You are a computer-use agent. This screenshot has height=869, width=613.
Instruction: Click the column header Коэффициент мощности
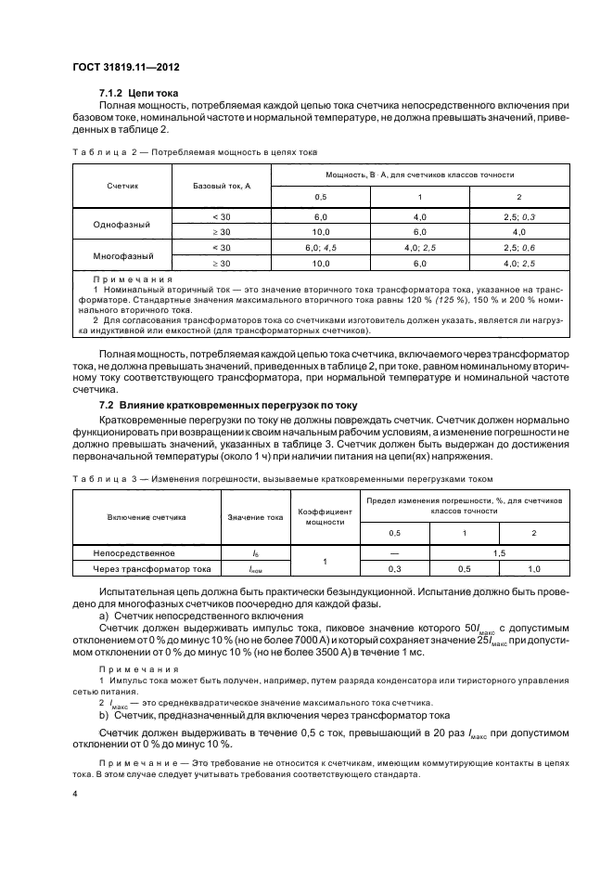coord(324,516)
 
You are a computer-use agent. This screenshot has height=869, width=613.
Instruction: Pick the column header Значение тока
coord(253,516)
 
